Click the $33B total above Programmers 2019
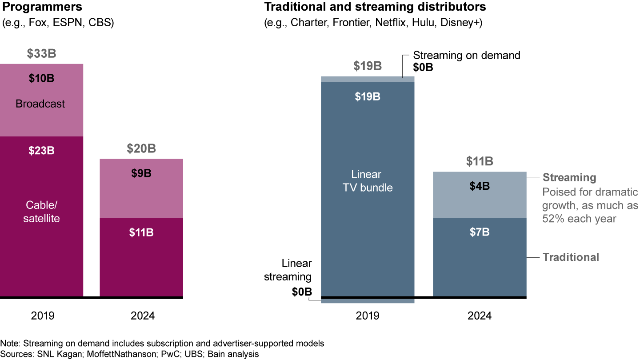pos(41,54)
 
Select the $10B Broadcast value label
pos(41,79)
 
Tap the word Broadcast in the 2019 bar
pos(40,104)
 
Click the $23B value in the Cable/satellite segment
pos(41,151)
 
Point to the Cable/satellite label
pos(42,212)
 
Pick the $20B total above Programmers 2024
pos(141,148)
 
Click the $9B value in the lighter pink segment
pos(141,174)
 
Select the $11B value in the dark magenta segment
pos(141,232)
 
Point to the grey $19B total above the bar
pos(368,66)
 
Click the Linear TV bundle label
pos(368,181)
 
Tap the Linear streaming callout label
pos(288,270)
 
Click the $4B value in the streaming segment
pos(480,186)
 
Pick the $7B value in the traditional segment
pos(480,232)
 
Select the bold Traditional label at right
pos(571,257)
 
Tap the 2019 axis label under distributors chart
pos(368,316)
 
